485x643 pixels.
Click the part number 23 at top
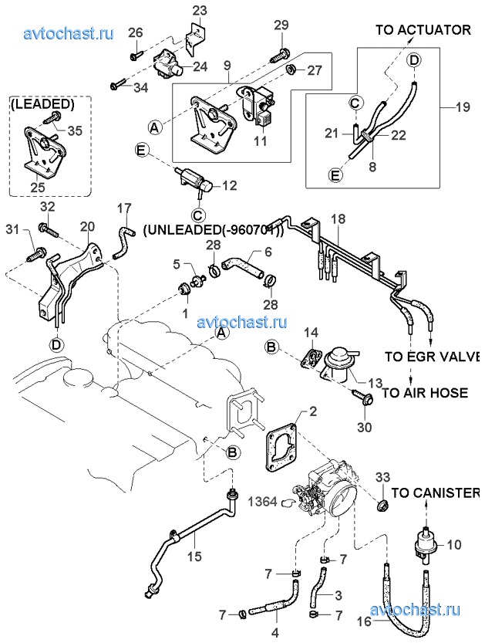(200, 11)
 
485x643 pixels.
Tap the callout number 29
(281, 25)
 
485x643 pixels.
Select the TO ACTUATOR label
(423, 30)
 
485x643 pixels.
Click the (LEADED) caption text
(42, 103)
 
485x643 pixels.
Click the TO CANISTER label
(436, 492)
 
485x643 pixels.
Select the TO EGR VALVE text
(432, 357)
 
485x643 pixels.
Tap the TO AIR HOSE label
(425, 393)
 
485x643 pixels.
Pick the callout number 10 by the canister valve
(453, 545)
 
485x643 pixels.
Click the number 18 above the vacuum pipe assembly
(337, 220)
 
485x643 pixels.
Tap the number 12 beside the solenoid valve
(230, 186)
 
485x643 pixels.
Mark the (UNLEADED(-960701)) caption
(214, 230)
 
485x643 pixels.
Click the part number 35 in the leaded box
(74, 130)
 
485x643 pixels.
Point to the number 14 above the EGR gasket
(309, 333)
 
